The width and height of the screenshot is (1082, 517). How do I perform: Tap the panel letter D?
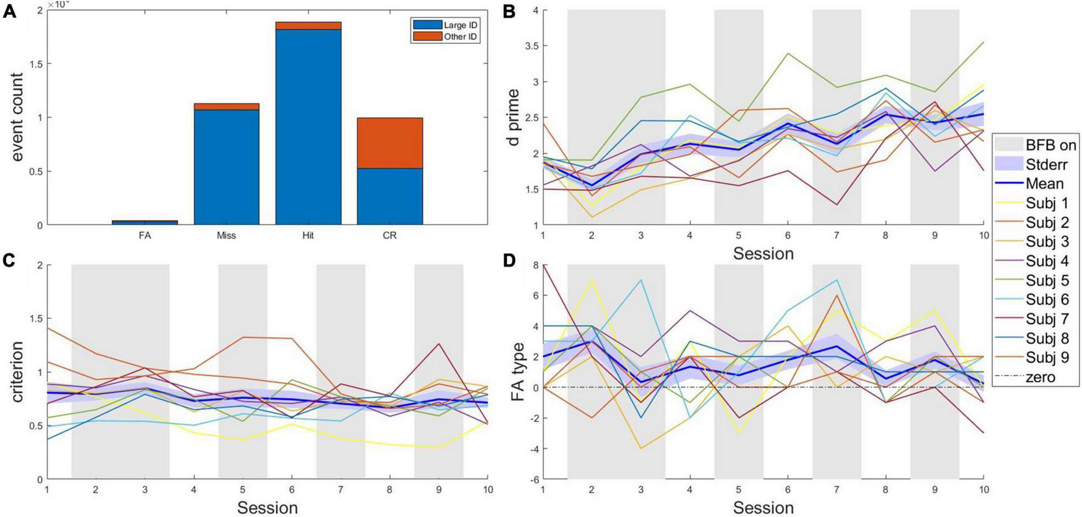506,260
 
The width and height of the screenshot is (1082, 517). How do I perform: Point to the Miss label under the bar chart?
227,235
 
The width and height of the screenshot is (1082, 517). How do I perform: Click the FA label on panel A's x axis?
145,235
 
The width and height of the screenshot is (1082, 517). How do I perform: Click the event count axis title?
17,117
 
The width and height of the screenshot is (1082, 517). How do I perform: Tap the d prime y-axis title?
514,117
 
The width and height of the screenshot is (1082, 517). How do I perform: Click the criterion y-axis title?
17,372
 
